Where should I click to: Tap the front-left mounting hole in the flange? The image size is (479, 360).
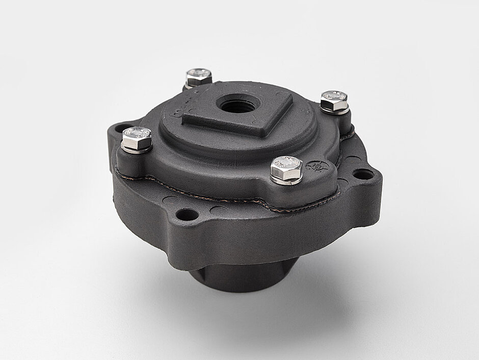pos(187,214)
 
